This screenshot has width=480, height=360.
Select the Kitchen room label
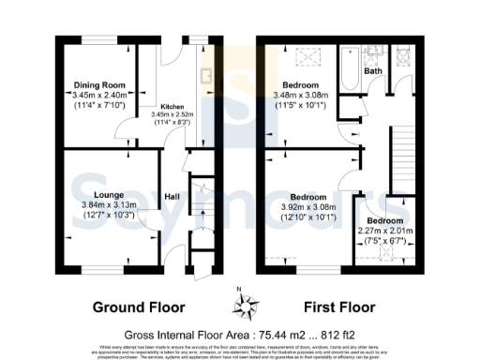click(171, 107)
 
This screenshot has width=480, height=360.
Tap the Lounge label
click(94, 195)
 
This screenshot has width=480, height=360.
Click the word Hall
click(172, 196)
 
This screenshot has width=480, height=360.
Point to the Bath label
click(372, 71)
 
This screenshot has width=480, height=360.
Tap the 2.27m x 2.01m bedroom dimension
click(385, 230)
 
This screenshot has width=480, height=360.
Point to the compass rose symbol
click(247, 304)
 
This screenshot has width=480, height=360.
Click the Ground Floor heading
click(139, 307)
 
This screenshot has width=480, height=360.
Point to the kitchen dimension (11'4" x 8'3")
click(171, 122)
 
